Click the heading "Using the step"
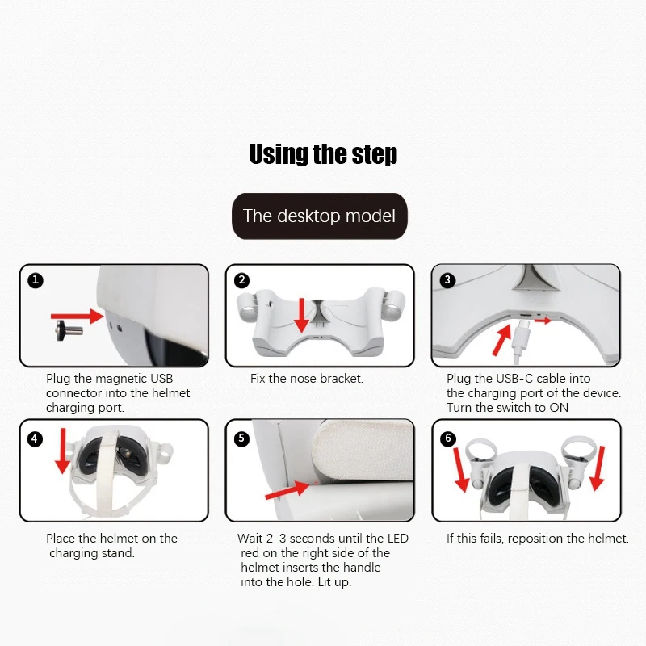click(324, 154)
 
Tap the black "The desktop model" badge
click(320, 216)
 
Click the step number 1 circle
click(36, 280)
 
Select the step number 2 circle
click(241, 280)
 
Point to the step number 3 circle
click(448, 280)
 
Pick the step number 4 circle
click(35, 438)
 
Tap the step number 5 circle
click(241, 438)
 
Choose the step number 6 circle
click(448, 438)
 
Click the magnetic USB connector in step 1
click(69, 330)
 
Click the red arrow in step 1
click(77, 317)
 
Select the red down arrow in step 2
click(302, 315)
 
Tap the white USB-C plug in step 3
click(518, 338)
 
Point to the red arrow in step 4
click(63, 451)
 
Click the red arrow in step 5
click(287, 490)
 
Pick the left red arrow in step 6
click(461, 470)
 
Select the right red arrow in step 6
click(598, 468)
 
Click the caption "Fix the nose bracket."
click(307, 379)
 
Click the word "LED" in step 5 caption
click(398, 539)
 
